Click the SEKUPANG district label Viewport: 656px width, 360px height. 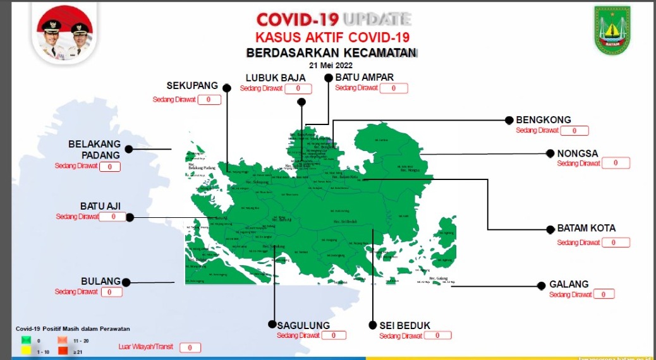click(x=192, y=85)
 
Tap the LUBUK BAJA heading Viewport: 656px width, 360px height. click(x=276, y=78)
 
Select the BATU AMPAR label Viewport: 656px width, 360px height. click(x=365, y=77)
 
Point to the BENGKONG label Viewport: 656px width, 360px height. click(x=543, y=119)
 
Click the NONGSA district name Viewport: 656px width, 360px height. click(x=577, y=153)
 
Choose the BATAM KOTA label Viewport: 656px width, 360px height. click(x=586, y=228)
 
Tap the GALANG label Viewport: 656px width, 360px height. click(x=569, y=284)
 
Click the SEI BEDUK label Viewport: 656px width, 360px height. click(x=404, y=326)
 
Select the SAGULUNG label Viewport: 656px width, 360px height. click(x=303, y=326)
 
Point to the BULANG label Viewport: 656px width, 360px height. click(x=100, y=281)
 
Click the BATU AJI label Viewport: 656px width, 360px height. click(x=100, y=206)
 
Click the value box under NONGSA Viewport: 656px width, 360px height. click(x=616, y=163)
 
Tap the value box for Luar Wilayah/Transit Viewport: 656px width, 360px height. click(x=190, y=347)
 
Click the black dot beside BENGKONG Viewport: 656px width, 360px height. click(x=509, y=120)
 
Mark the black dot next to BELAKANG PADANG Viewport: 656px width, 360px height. click(x=129, y=149)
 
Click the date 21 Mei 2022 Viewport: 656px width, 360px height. click(x=331, y=64)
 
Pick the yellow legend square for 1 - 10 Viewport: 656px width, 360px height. click(x=26, y=351)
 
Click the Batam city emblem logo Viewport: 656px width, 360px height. click(x=612, y=31)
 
